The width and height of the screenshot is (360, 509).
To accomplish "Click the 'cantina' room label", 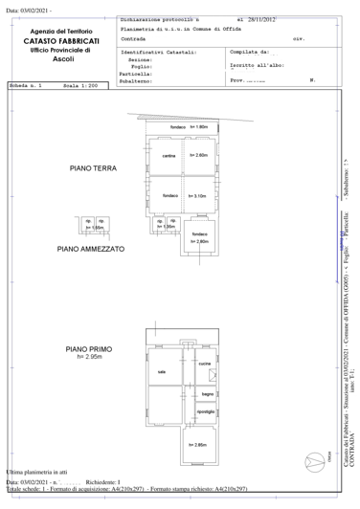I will click(x=169, y=156).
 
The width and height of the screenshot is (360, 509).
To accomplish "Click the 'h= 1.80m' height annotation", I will click(x=198, y=127).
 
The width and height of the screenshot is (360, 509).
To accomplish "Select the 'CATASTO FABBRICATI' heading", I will click(x=61, y=41).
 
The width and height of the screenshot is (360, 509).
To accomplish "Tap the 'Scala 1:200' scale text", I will click(x=79, y=86).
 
